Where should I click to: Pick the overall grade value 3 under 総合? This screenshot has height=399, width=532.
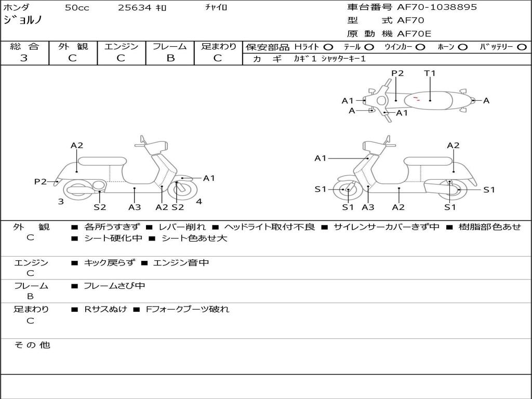[x=24, y=58]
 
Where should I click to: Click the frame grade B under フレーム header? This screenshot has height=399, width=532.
[x=170, y=58]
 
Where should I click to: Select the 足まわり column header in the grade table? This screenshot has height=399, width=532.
[x=218, y=47]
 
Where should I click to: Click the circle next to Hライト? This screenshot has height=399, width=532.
[x=328, y=47]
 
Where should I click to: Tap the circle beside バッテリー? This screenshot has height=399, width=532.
[x=522, y=47]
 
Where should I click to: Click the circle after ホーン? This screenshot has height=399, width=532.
[x=462, y=47]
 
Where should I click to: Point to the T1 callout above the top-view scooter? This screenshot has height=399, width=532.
[x=430, y=73]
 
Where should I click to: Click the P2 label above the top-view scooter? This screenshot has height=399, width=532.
[x=397, y=73]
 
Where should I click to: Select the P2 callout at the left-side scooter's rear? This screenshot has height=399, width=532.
[x=41, y=181]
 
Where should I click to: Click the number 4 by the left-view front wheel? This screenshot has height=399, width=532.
[x=199, y=202]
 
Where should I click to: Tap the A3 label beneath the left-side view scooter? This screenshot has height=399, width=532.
[x=135, y=207]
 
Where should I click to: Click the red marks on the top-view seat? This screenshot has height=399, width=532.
[x=416, y=98]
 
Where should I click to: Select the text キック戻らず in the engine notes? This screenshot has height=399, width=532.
[x=109, y=263]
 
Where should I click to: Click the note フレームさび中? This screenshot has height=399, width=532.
[x=114, y=286]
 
